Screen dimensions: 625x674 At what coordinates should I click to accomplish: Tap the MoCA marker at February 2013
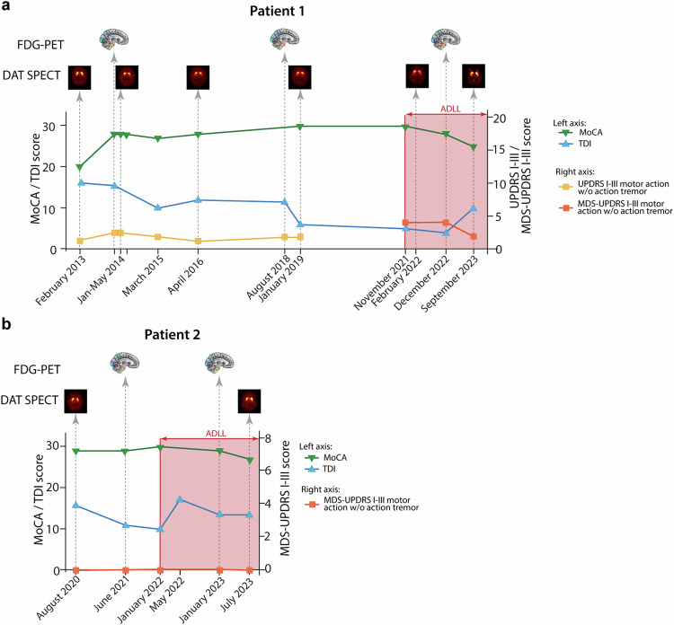tap(80, 168)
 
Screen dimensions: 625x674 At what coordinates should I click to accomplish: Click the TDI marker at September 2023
tap(474, 208)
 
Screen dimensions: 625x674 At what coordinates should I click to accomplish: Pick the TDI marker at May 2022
tap(181, 499)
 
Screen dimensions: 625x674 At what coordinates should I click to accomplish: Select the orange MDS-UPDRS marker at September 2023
tap(474, 236)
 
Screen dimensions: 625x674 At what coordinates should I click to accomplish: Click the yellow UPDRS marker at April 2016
tap(197, 242)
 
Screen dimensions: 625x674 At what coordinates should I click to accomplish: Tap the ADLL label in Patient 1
tap(447, 108)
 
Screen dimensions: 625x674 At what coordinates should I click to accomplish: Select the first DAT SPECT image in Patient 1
tap(80, 77)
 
